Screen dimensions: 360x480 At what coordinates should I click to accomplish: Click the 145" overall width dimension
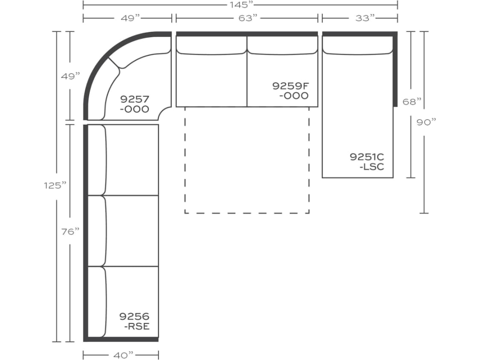(x=240, y=5)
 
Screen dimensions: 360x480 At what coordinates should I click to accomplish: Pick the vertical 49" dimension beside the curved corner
(x=71, y=76)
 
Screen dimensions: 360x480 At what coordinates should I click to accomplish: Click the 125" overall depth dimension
(x=53, y=185)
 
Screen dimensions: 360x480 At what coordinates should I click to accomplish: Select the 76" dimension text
(x=70, y=231)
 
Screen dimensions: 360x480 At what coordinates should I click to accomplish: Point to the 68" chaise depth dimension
(x=412, y=101)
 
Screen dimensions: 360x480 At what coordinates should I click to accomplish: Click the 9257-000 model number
(x=135, y=104)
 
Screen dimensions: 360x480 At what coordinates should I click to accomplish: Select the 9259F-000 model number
(x=291, y=90)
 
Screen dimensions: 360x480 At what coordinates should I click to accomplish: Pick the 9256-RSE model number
(x=135, y=321)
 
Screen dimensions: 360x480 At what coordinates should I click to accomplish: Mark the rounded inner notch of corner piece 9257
(x=165, y=113)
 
